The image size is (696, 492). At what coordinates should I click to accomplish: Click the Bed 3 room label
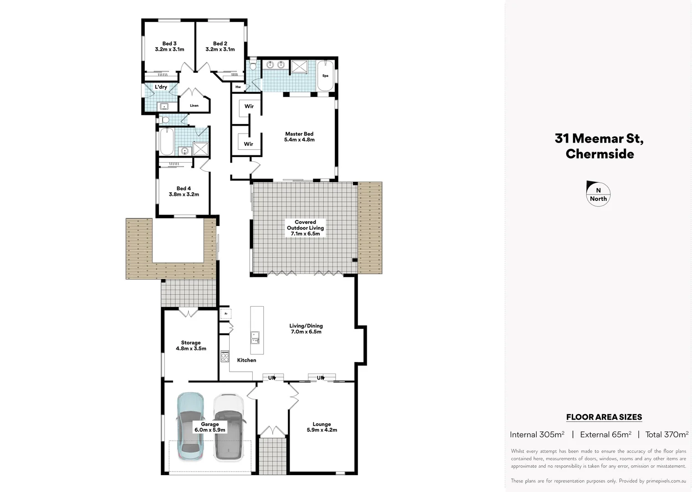[x=169, y=46]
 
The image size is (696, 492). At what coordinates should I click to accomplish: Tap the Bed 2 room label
[x=220, y=46]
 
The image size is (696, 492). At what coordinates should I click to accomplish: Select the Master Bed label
[x=299, y=137]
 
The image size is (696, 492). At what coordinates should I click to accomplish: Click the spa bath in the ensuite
[x=325, y=76]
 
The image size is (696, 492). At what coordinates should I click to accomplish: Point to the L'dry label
[x=161, y=87]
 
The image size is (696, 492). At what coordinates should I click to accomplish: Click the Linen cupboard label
[x=194, y=106]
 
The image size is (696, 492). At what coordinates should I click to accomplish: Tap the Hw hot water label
[x=238, y=87]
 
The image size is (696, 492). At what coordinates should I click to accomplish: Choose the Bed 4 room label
[x=184, y=191]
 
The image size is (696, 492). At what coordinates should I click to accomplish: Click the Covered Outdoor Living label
[x=305, y=228]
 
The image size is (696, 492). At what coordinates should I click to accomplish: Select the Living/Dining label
[x=306, y=328]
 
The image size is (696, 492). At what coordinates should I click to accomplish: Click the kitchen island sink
[x=256, y=338]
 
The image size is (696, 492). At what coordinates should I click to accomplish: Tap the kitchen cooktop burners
[x=225, y=356]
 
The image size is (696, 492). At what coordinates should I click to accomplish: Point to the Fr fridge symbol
[x=226, y=313]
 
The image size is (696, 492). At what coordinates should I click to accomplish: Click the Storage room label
[x=191, y=345]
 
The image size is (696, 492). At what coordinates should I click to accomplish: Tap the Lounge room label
[x=322, y=427]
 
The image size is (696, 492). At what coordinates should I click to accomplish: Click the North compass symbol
[x=598, y=194]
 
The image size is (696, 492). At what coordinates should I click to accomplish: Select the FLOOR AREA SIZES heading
[x=604, y=417]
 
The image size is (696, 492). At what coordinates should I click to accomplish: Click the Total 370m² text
[x=666, y=435]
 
